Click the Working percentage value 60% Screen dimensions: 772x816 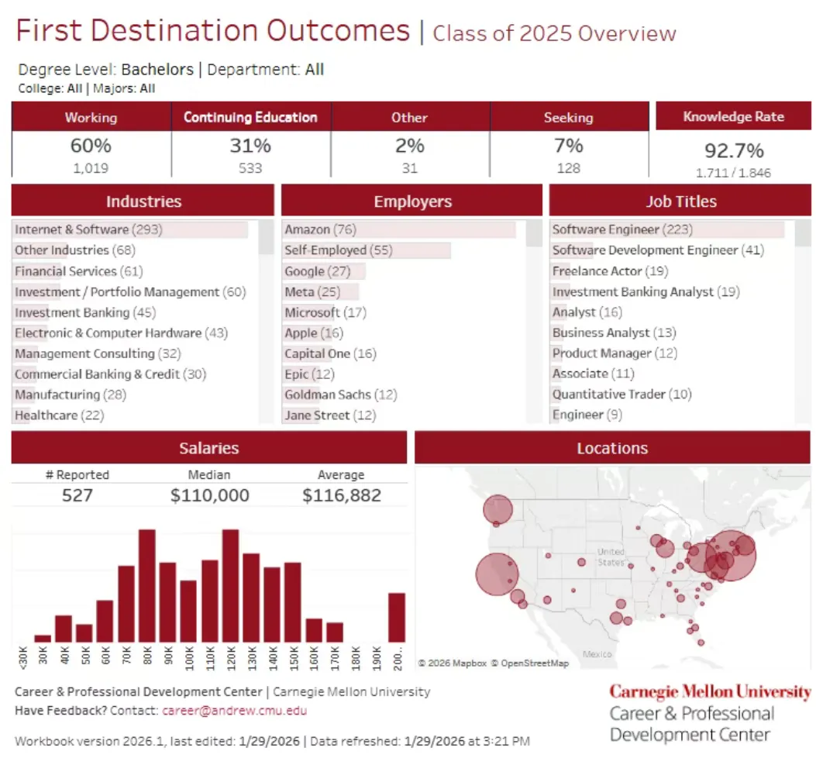point(91,146)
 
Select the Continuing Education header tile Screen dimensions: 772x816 point(250,117)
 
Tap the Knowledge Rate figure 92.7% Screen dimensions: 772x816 point(733,150)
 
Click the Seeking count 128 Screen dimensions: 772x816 point(568,168)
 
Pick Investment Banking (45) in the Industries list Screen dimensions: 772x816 point(84,312)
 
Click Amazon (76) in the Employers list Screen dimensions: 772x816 point(320,229)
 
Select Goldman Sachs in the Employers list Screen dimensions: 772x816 point(340,395)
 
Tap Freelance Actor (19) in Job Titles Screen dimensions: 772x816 point(610,271)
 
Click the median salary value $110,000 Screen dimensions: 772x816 point(209,495)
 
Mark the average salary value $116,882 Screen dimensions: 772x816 point(341,495)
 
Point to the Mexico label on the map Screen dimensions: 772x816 point(597,654)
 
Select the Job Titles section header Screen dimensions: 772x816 point(680,202)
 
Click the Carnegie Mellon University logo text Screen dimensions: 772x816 point(710,691)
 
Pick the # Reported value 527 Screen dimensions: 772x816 point(77,495)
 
